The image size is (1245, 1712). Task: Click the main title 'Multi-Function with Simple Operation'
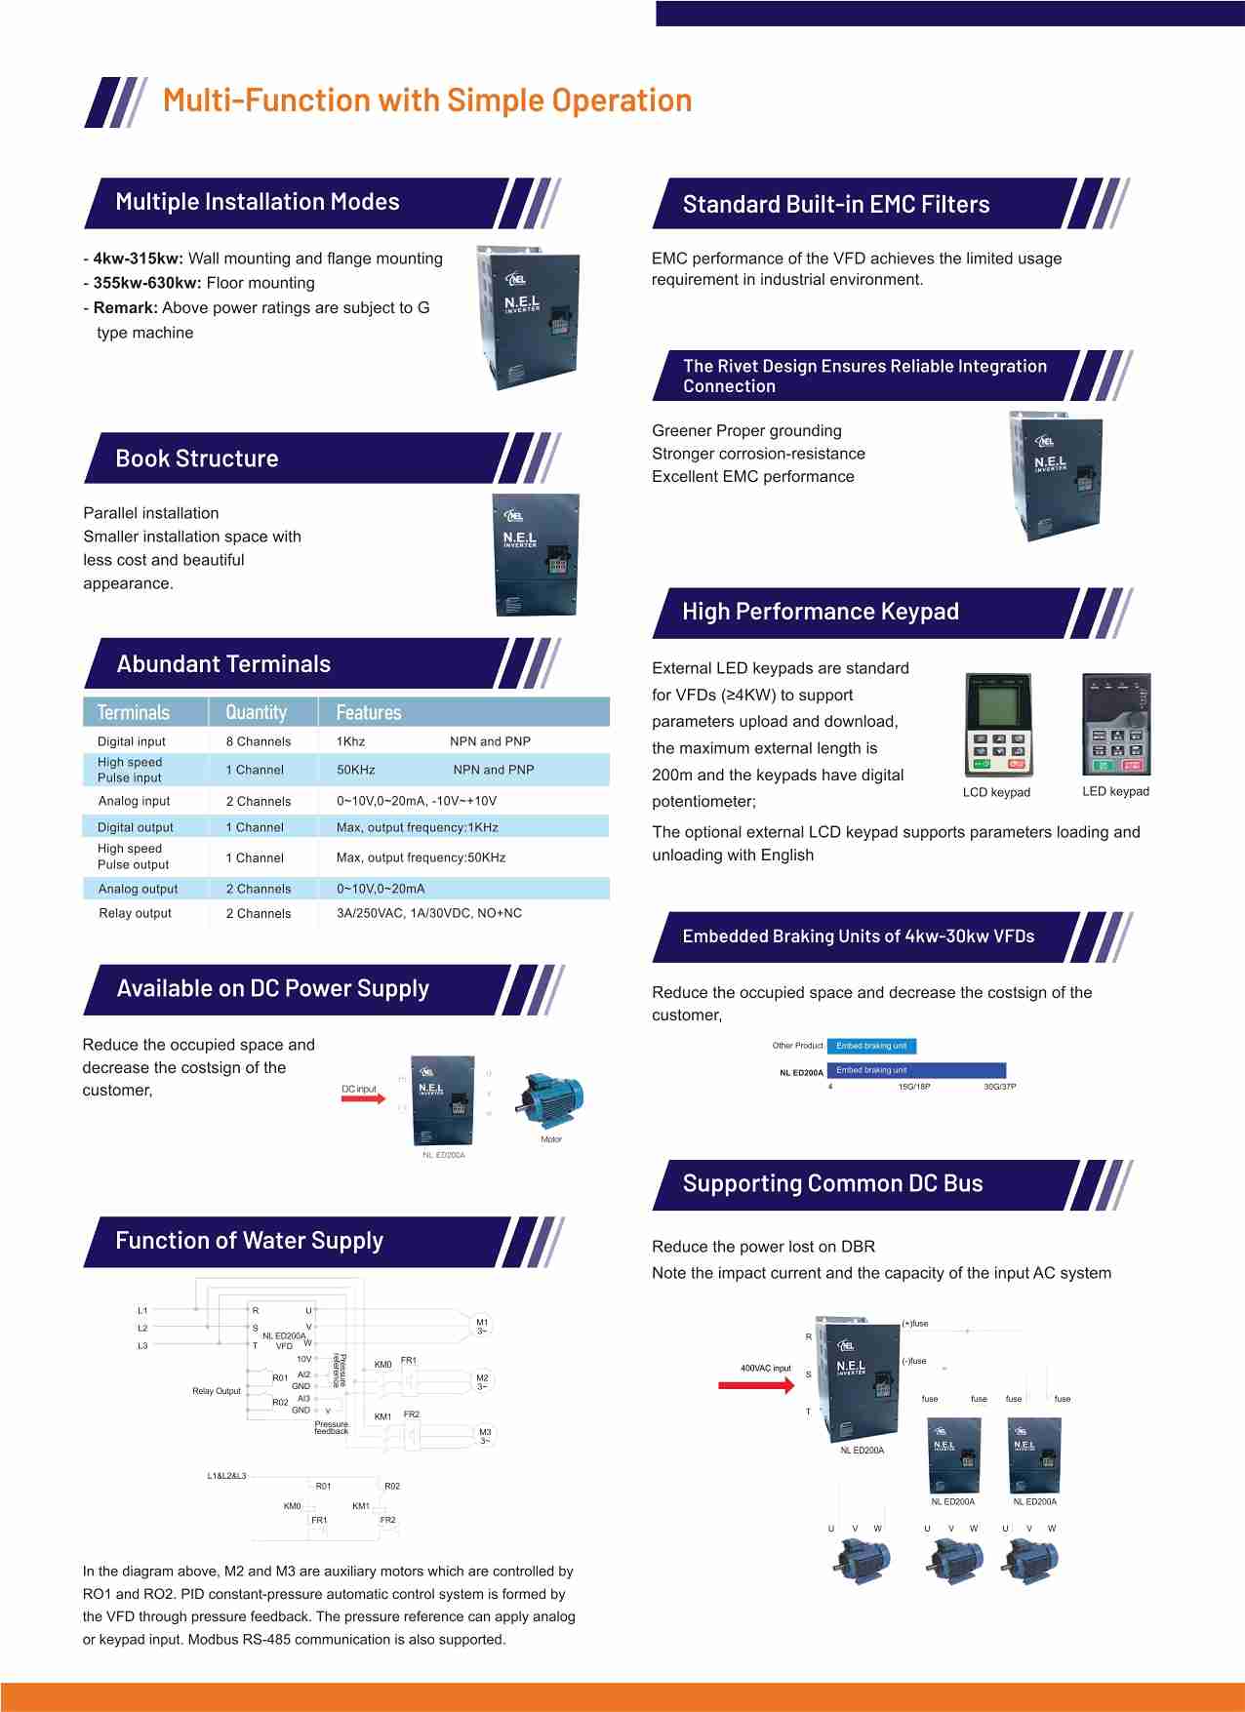click(x=427, y=100)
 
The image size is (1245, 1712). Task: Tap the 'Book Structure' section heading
click(x=197, y=458)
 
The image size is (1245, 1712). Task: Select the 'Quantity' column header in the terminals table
click(x=257, y=712)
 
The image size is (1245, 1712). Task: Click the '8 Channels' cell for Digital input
click(x=259, y=741)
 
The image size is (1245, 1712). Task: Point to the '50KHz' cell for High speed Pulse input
click(x=356, y=770)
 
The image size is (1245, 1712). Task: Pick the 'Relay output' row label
click(x=135, y=913)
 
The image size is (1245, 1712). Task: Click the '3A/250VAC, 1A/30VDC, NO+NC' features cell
click(x=429, y=913)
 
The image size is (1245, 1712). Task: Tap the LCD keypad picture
click(x=997, y=725)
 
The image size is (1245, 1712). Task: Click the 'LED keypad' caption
click(x=1115, y=791)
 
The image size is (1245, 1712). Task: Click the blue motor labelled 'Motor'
click(x=551, y=1099)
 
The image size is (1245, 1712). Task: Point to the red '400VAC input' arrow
click(x=756, y=1384)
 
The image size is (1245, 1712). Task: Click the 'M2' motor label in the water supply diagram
click(x=482, y=1379)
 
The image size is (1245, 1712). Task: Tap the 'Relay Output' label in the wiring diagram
click(x=217, y=1391)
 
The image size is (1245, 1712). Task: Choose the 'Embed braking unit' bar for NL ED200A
click(x=915, y=1070)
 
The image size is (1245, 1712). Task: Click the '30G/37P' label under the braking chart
click(x=999, y=1087)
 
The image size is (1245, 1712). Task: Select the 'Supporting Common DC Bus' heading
click(x=832, y=1183)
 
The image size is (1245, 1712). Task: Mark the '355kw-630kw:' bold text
click(x=147, y=283)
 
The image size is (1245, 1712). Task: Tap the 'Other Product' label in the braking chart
click(x=797, y=1046)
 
